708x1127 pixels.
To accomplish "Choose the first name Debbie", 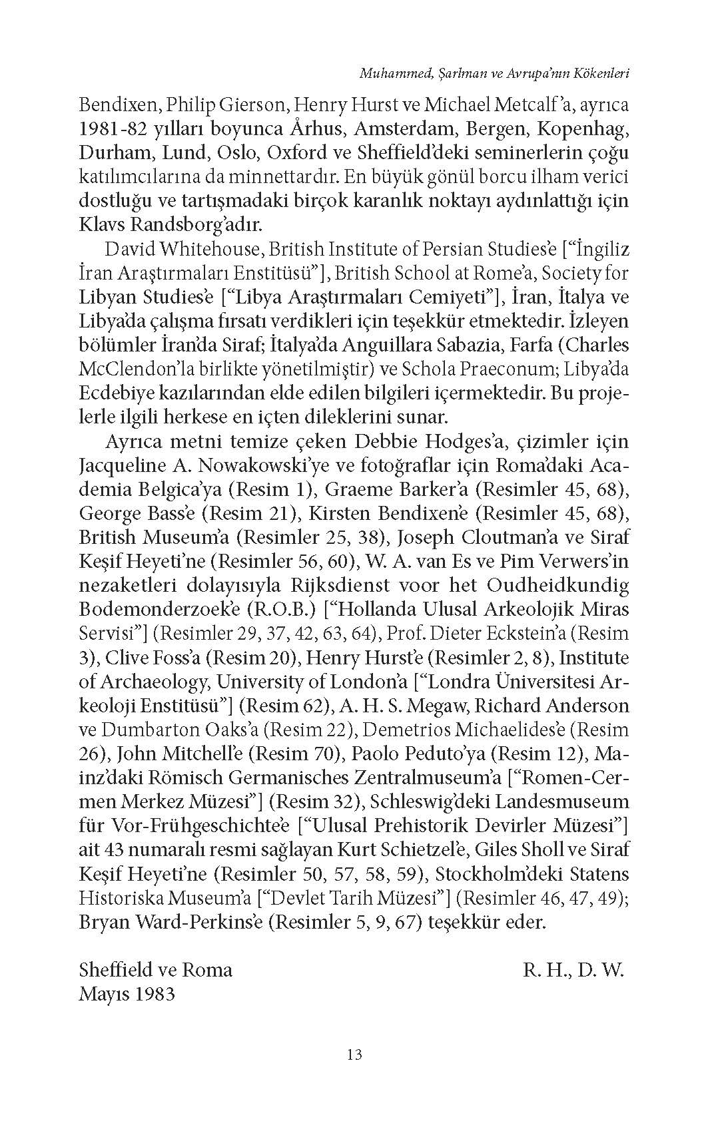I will click(389, 442).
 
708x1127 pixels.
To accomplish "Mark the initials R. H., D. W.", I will click(573, 970).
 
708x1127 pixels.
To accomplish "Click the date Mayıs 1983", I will click(127, 994).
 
